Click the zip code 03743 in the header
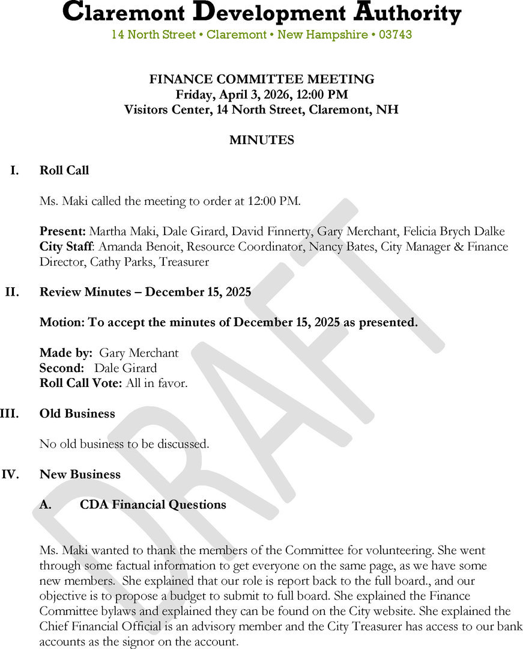[x=395, y=35]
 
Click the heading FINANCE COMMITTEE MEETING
[x=261, y=79]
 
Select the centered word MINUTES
[x=261, y=140]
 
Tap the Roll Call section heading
[x=64, y=171]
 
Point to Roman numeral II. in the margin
[x=12, y=292]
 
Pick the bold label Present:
[x=63, y=231]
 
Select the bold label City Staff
[x=66, y=246]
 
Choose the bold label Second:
[x=61, y=368]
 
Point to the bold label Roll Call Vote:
[x=81, y=383]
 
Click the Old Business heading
[x=77, y=413]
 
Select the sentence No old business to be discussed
[x=124, y=444]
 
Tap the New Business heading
[x=80, y=474]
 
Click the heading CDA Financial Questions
[x=153, y=505]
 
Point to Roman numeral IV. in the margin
[x=11, y=474]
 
